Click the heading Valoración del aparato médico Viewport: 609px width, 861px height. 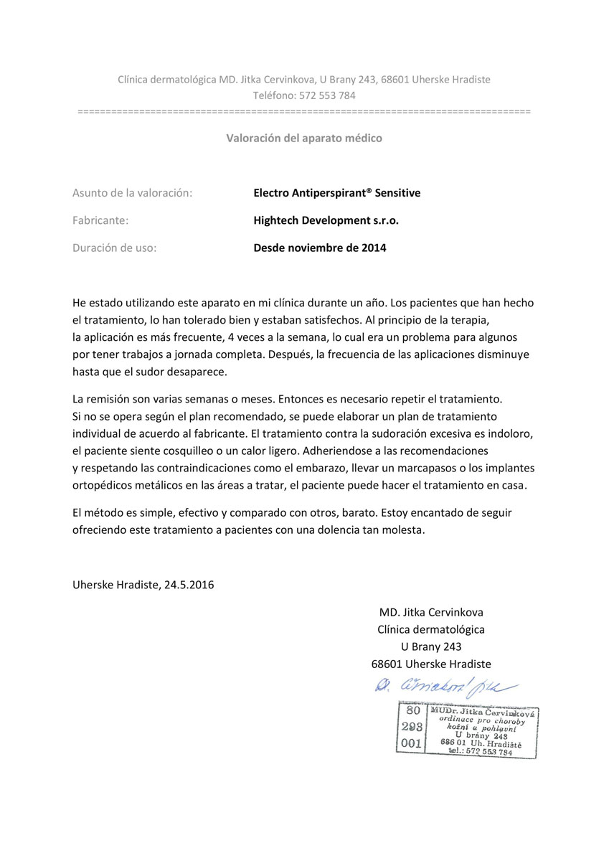point(304,138)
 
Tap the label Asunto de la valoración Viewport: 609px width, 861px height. point(132,193)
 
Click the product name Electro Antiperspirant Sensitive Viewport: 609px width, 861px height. point(336,193)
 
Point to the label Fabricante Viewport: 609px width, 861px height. point(100,221)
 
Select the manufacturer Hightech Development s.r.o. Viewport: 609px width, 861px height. point(326,221)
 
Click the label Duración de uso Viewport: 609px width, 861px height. point(114,248)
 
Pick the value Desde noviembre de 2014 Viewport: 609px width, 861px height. point(319,248)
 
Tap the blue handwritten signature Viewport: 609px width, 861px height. point(445,685)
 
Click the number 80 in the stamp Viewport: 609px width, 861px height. point(412,711)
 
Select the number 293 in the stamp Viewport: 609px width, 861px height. point(411,726)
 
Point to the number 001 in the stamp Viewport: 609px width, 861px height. point(411,743)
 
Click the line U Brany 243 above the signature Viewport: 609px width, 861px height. point(431,646)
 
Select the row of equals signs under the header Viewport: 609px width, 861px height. point(304,113)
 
